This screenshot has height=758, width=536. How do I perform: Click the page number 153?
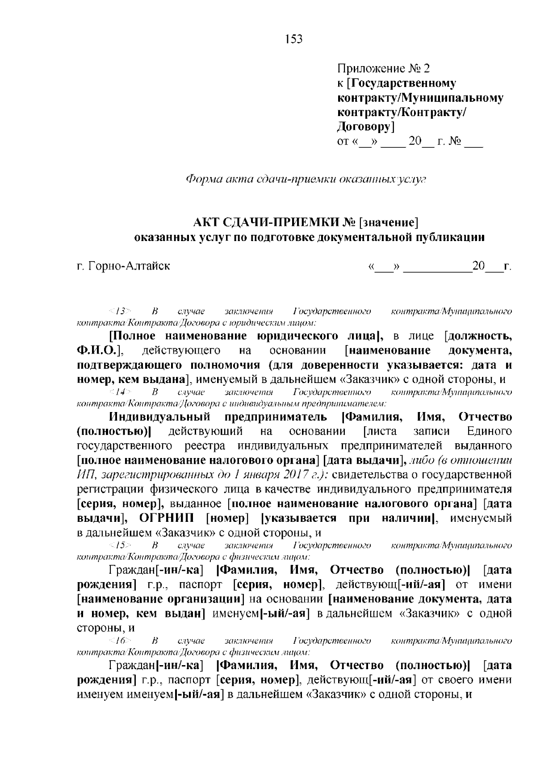click(x=294, y=39)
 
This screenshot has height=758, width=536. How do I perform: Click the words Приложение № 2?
click(x=383, y=68)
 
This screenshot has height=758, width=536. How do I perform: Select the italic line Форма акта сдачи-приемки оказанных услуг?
click(x=306, y=179)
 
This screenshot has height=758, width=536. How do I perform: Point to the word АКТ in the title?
click(x=203, y=222)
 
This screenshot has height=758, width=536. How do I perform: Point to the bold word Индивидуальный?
click(x=160, y=417)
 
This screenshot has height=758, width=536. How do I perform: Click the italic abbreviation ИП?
click(x=85, y=475)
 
